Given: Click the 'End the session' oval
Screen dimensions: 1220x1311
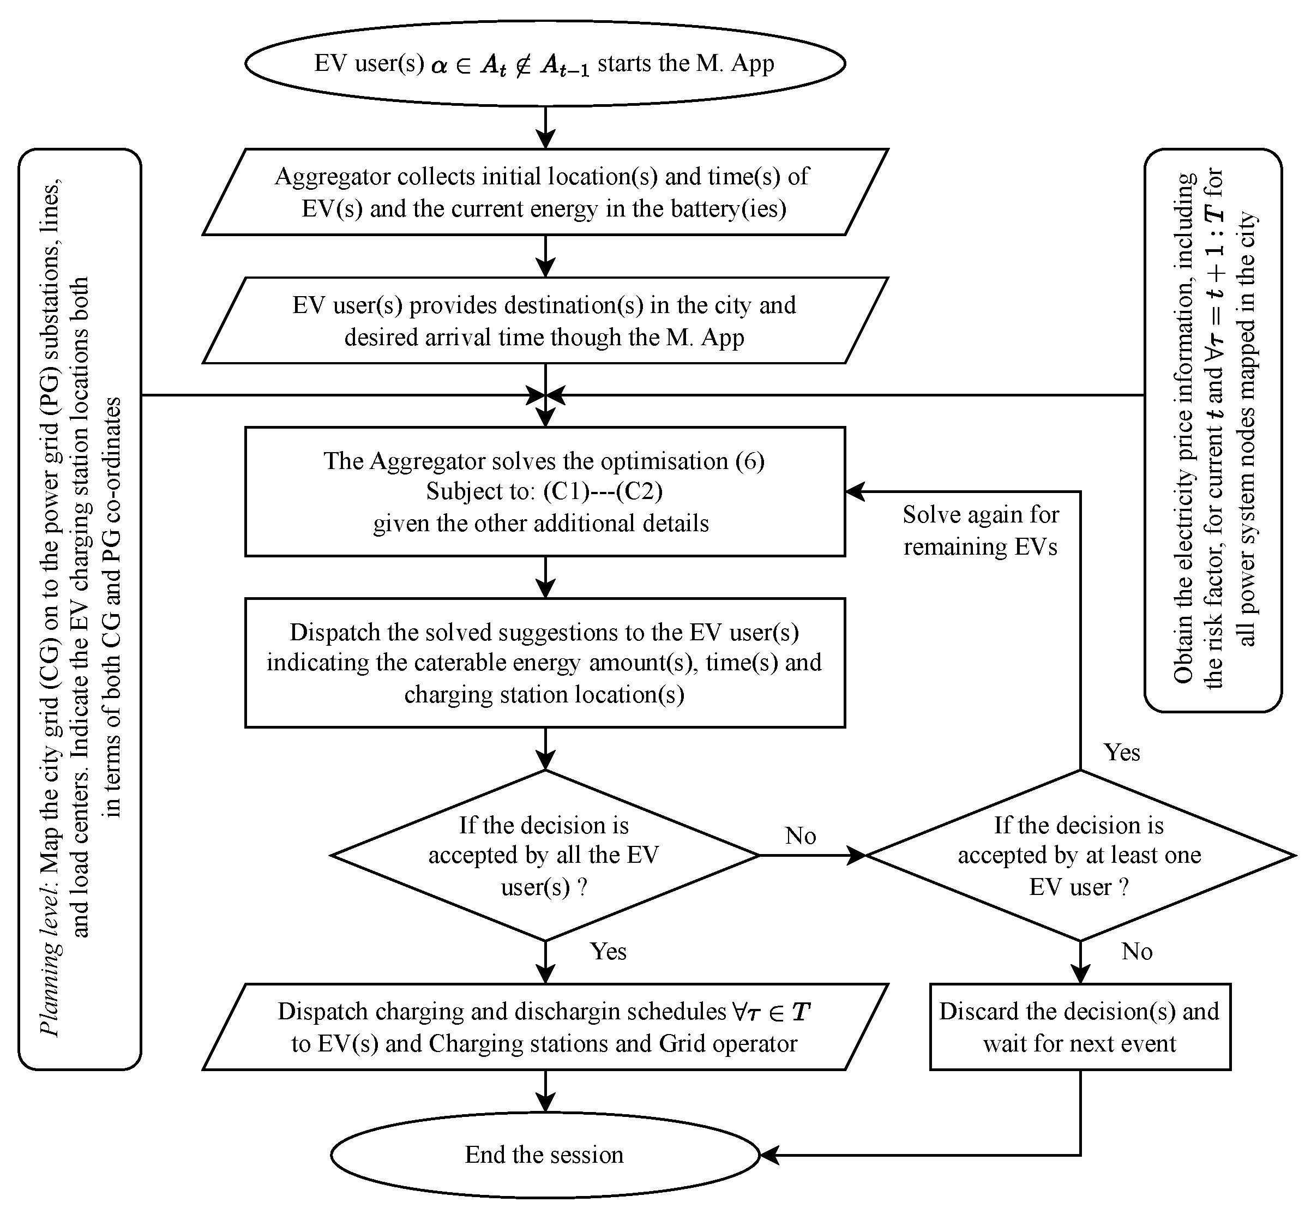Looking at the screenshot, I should [545, 1154].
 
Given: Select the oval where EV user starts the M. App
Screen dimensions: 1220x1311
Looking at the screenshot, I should [545, 63].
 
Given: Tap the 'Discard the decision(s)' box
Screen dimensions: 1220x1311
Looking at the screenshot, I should [1080, 1027].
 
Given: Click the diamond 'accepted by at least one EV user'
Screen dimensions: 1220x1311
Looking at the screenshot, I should [1080, 855].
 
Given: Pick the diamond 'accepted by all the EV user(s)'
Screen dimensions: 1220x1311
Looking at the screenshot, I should [545, 855].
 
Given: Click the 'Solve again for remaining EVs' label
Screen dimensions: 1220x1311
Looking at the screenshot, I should [981, 530].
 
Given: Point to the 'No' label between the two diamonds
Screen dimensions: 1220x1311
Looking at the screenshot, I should [801, 836].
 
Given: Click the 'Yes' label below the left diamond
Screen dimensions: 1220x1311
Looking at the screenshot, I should [608, 951].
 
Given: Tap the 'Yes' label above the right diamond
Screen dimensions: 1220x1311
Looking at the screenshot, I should [1122, 753].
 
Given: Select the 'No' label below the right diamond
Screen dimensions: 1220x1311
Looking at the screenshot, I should [1137, 951].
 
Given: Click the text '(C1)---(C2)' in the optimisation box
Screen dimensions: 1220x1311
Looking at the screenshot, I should [603, 491].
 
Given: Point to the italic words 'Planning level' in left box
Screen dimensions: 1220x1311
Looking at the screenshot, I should [50, 983].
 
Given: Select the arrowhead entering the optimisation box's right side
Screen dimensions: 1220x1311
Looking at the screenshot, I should [855, 491].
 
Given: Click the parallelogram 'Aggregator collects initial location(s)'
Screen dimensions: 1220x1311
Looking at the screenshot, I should [545, 192].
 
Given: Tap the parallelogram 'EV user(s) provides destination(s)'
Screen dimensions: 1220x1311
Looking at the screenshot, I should [545, 321].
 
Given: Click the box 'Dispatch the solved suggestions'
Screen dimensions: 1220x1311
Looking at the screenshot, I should [545, 663].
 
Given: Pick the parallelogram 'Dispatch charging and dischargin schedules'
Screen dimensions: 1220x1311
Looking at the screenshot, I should [545, 1027].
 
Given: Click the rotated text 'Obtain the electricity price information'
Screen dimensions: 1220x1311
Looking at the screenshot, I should [1184, 429].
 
